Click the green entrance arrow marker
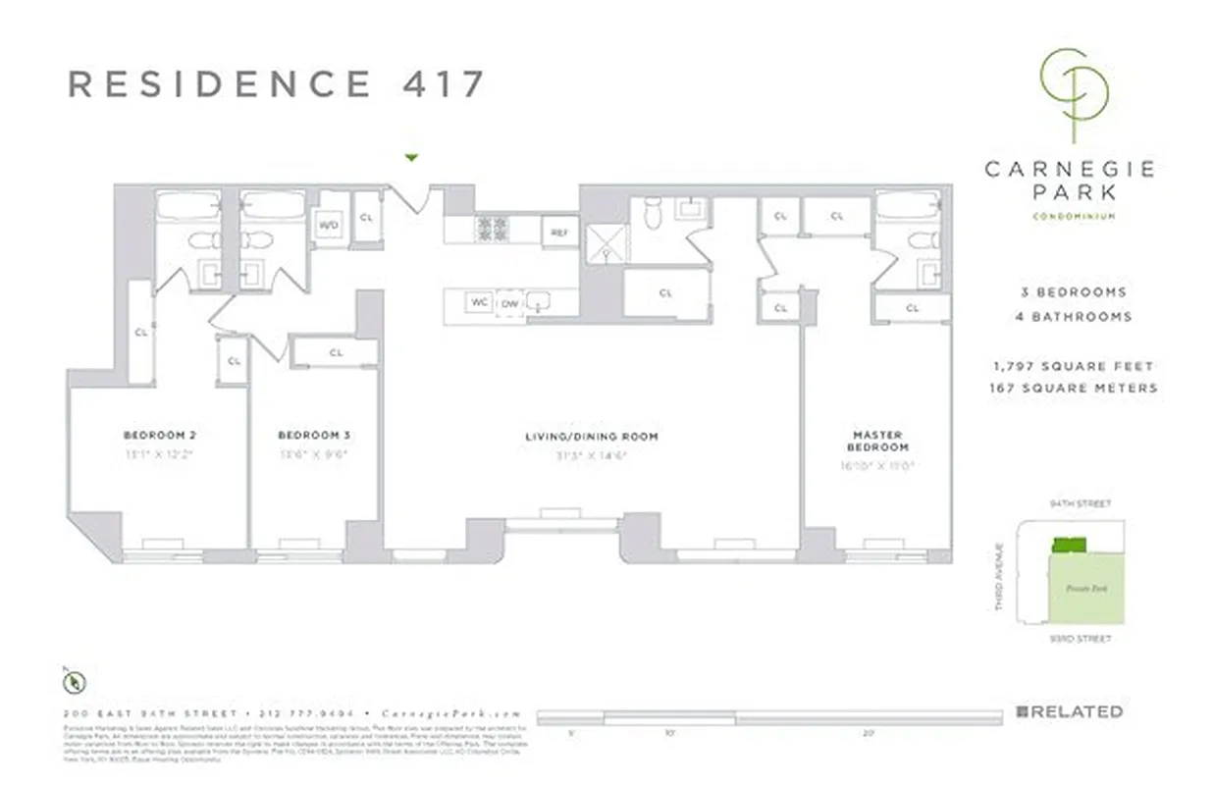pyautogui.click(x=412, y=157)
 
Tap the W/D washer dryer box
pyautogui.click(x=327, y=225)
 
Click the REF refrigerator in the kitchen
pyautogui.click(x=559, y=233)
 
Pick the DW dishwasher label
pyautogui.click(x=509, y=303)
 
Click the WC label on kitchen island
pyautogui.click(x=479, y=302)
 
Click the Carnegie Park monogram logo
pyautogui.click(x=1076, y=92)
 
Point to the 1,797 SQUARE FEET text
pyautogui.click(x=1073, y=366)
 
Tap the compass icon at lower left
pyautogui.click(x=75, y=681)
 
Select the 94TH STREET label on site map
pyautogui.click(x=1082, y=504)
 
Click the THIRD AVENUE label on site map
pyautogui.click(x=999, y=577)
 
